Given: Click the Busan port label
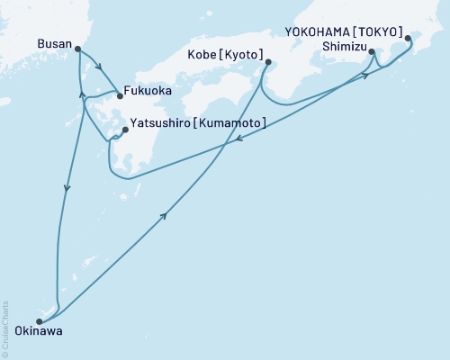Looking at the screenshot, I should click(x=55, y=42).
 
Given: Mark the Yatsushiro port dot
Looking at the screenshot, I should click(x=125, y=130).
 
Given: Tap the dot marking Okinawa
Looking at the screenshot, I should click(x=39, y=321).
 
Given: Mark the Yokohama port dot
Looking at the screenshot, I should click(x=409, y=39).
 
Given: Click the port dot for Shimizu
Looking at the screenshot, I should click(x=373, y=54).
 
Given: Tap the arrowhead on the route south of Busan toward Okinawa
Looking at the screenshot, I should click(x=66, y=188).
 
